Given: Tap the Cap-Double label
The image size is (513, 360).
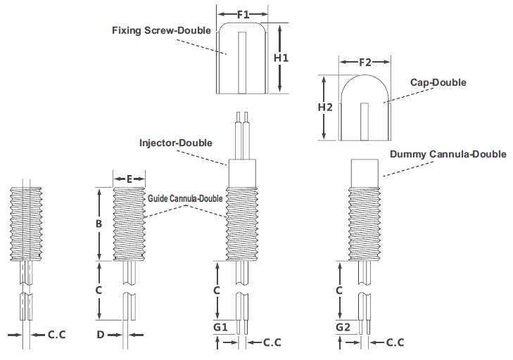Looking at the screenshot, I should tap(438, 82).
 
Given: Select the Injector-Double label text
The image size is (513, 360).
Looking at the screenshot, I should tap(176, 143).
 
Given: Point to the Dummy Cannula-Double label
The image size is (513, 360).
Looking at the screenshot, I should tap(448, 154).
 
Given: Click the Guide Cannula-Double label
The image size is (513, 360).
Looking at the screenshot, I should tap(185, 198).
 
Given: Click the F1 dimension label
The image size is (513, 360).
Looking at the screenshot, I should tap(242, 13).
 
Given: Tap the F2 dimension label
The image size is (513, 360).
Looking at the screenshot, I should tap(365, 63).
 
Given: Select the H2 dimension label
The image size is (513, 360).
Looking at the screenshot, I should tap(325, 108).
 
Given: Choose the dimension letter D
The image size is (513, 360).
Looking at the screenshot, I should tap(100, 335).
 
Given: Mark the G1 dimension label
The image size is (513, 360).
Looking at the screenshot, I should tap(220, 327).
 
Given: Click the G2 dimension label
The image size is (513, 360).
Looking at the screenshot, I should tap(343, 327).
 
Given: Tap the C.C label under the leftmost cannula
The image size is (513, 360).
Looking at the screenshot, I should tap(57, 335).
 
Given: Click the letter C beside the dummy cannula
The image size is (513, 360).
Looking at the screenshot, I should tap(339, 290).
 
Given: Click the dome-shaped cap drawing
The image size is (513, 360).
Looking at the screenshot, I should tap(365, 105).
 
